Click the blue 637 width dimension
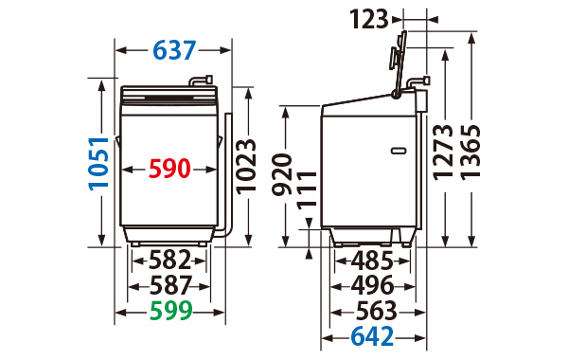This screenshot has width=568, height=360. coord(174,50)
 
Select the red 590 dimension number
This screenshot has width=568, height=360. coord(169,169)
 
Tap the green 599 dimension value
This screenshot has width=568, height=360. coord(170,311)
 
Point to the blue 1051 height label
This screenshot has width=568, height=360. coord(98,164)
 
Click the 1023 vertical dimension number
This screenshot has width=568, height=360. coord(246,167)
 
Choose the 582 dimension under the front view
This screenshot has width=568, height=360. coord(169,260)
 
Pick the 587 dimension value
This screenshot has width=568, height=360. coord(170,285)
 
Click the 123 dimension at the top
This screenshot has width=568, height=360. coord(369,19)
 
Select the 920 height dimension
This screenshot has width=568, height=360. coord(282,174)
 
